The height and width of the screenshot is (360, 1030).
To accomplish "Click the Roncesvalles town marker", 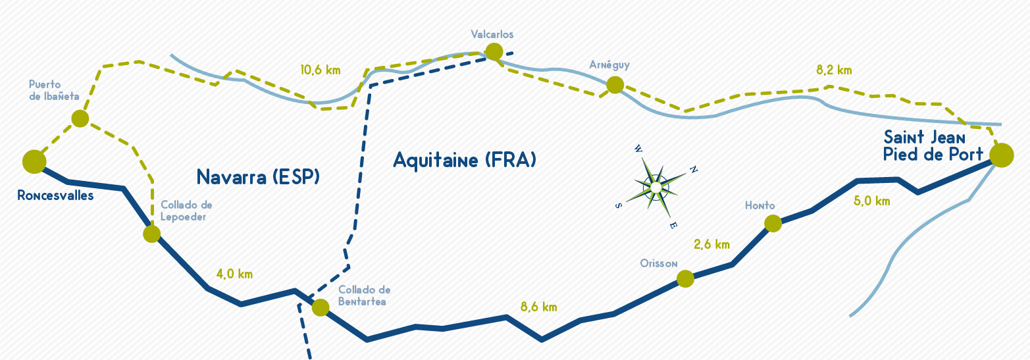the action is (34, 162).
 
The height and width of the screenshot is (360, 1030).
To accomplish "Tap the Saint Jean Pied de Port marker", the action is (1001, 155).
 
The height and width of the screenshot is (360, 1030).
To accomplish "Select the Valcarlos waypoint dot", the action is (494, 51).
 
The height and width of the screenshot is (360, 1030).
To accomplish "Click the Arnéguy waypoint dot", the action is (615, 85).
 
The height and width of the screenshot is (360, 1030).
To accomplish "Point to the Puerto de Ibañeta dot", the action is (80, 118).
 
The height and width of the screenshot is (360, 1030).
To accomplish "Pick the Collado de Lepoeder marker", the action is (152, 234).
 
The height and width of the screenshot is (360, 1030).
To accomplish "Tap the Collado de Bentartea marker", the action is (321, 307).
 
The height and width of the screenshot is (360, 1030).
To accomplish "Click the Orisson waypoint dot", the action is (685, 278).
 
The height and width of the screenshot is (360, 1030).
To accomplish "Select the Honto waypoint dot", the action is (773, 224).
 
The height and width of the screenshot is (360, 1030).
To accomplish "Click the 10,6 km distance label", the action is (321, 70).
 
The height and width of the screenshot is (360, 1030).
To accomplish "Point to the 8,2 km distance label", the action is (834, 70).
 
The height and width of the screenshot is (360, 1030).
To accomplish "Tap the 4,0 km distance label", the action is (234, 274).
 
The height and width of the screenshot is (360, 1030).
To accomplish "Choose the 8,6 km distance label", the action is (539, 307).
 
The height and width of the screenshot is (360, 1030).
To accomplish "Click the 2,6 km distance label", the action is (712, 245).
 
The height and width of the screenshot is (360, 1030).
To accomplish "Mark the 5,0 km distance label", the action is (872, 201).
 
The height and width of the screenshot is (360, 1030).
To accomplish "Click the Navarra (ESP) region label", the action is (258, 177).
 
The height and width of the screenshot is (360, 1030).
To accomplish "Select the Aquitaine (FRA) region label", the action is (465, 161).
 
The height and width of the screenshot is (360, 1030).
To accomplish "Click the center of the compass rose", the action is (656, 188).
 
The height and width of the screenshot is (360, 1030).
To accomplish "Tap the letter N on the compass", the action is (694, 170).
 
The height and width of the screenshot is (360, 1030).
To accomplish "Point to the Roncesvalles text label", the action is (55, 196).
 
